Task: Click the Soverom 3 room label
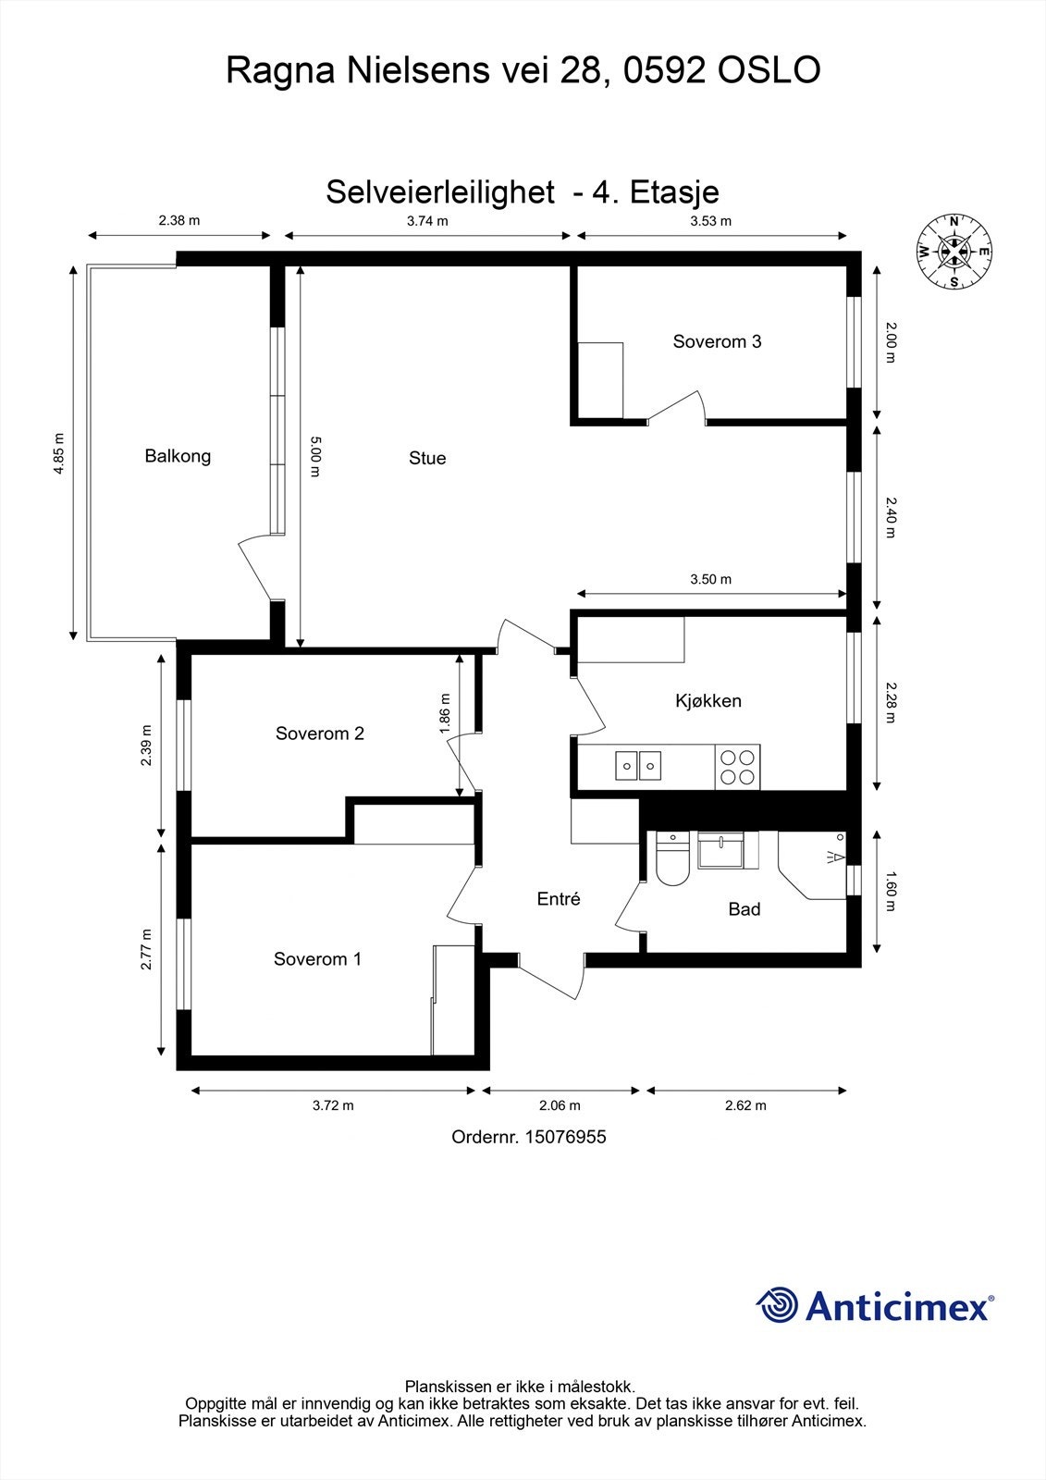(x=717, y=341)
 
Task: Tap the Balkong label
(x=178, y=456)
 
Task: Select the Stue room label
(x=427, y=458)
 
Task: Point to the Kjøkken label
(x=708, y=700)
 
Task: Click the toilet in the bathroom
(x=671, y=860)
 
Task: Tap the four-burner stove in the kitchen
(x=737, y=766)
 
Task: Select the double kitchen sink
(x=639, y=766)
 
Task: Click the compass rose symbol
(x=954, y=252)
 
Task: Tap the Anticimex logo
(x=874, y=1306)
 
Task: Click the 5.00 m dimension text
(x=314, y=457)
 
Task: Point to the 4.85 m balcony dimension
(x=59, y=453)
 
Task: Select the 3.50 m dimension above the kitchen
(x=710, y=579)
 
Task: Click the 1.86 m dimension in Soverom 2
(x=445, y=714)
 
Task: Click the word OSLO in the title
(x=769, y=70)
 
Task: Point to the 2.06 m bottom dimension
(x=560, y=1105)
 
